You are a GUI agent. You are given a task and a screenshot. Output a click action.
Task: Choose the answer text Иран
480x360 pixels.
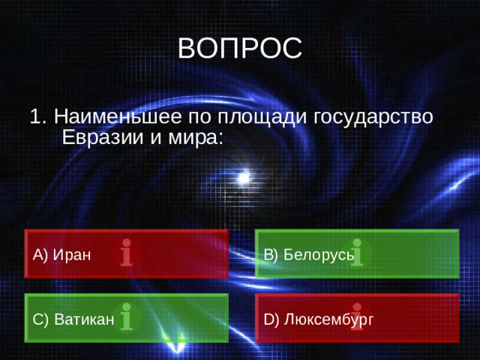coord(72,254)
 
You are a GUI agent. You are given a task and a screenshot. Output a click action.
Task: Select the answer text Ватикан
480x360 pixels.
coord(83,319)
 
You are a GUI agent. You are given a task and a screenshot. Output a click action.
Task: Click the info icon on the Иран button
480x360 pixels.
coord(127,253)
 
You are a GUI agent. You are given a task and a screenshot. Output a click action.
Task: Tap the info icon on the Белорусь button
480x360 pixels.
coord(358,253)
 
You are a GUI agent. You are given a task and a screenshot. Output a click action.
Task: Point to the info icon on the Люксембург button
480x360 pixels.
coord(358,317)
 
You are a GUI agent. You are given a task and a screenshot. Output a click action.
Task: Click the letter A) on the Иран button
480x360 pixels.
coord(40,254)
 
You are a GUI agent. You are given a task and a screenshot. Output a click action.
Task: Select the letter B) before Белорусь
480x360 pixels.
coord(271,254)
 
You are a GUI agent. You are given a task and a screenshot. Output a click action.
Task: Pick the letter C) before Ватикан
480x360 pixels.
coord(40,319)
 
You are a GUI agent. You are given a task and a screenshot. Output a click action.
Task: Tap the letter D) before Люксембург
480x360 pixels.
coord(271,319)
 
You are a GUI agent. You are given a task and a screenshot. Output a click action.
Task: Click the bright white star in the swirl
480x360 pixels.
coord(244,178)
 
